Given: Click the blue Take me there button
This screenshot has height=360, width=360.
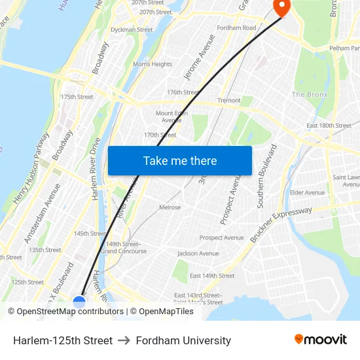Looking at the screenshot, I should pos(180,160).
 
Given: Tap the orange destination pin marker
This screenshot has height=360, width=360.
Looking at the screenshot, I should pos(281,7).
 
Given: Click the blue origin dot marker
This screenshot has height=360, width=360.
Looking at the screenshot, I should pos(79,302).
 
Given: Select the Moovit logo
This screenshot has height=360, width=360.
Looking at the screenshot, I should pos(321,340).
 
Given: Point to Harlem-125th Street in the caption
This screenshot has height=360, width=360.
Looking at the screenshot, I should pos(63,340).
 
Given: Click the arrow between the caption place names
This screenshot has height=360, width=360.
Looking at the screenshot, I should pos(124,340).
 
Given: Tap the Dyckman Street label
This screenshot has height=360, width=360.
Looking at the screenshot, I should pos(132,29).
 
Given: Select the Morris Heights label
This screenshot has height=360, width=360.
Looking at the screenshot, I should pos(153,64).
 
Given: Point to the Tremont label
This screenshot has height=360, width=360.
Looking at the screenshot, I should pos(229,101).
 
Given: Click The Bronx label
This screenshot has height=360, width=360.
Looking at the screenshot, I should pos(309,95).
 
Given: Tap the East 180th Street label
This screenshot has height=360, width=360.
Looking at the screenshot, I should pos(329,126).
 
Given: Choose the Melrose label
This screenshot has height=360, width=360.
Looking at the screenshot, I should pos(170,207).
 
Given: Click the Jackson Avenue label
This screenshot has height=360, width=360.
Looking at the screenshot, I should pos(198,253).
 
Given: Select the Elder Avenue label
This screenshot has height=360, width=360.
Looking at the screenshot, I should pos(307,192).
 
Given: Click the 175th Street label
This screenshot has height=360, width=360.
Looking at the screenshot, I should pos(77,97).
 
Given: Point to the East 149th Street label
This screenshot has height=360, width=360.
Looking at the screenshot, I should pos(212,276).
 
